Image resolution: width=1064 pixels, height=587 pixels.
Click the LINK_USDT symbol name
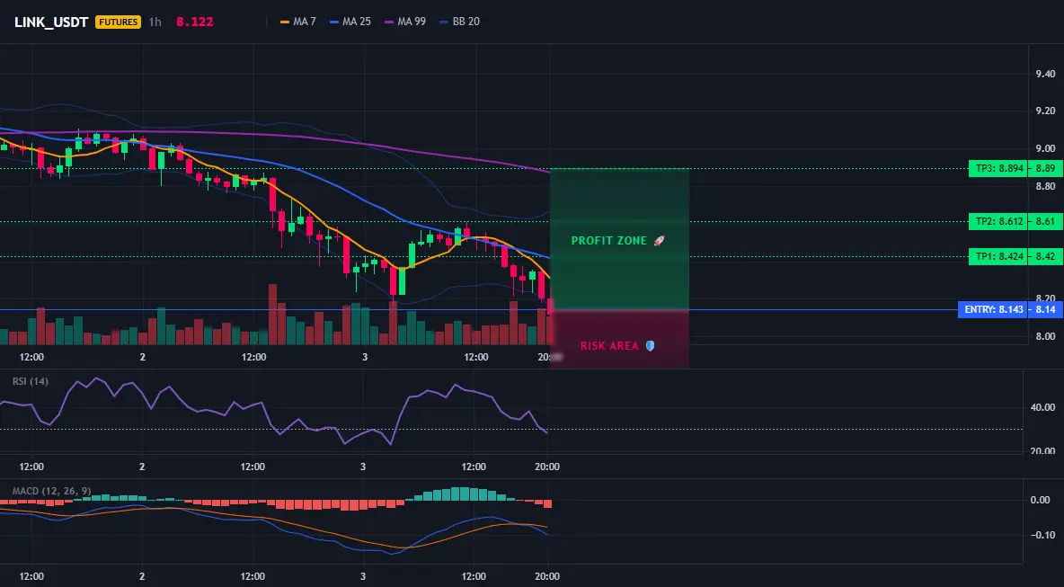tap(51, 22)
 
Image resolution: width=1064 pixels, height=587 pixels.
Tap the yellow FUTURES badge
tap(118, 22)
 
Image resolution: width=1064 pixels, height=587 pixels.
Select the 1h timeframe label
tap(155, 22)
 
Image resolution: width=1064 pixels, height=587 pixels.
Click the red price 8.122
tap(195, 22)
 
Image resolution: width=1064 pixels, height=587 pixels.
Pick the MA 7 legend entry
tap(297, 22)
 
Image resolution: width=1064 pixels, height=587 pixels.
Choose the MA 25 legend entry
tap(350, 22)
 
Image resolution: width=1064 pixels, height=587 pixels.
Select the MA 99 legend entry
tap(405, 22)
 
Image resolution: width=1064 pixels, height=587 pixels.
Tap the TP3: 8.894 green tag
tap(997, 169)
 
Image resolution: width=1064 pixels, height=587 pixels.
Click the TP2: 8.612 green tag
tap(997, 222)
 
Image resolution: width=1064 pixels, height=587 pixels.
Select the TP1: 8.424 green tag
tap(997, 257)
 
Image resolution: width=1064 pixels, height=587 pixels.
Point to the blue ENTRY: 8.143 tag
tap(991, 310)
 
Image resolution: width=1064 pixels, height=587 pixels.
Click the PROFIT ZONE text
tap(609, 241)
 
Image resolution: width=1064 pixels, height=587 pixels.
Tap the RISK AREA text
tap(609, 346)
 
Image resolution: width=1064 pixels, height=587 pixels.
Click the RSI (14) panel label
tap(31, 381)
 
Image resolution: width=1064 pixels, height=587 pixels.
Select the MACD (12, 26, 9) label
tap(51, 491)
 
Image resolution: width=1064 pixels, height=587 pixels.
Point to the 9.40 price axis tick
tap(1046, 74)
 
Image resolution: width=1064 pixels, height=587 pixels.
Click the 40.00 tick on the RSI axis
tap(1042, 408)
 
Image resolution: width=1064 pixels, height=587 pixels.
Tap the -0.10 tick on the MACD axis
tap(1042, 536)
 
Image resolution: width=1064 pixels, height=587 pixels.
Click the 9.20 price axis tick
tap(1046, 111)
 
